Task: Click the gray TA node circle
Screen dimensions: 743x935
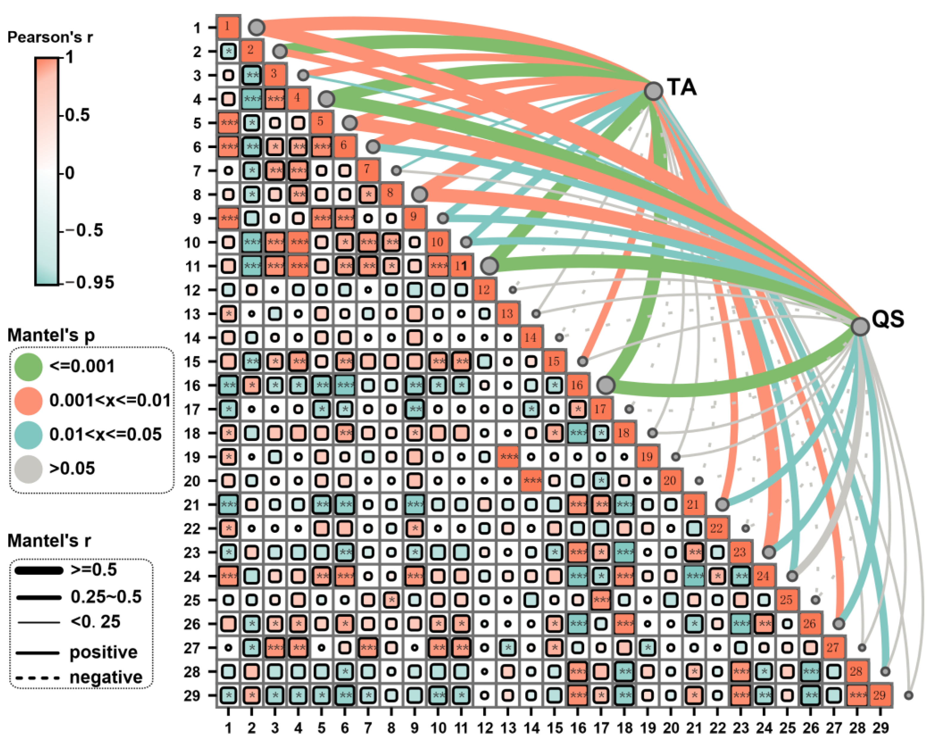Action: tap(653, 91)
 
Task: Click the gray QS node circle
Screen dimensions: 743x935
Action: tap(860, 326)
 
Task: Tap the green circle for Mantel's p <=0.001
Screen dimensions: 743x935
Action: tap(28, 367)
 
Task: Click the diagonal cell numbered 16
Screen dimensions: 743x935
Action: tap(577, 385)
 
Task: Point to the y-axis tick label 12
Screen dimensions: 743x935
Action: tap(192, 290)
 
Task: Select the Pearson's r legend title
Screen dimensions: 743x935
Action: tap(50, 37)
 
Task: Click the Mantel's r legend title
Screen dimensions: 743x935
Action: tap(49, 541)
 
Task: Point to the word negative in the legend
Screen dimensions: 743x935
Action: tap(106, 677)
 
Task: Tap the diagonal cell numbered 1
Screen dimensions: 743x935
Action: tap(228, 27)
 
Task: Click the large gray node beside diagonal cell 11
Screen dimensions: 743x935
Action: tap(489, 266)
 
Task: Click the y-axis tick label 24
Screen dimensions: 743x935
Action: tap(192, 577)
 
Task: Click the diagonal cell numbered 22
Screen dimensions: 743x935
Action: tap(716, 528)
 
